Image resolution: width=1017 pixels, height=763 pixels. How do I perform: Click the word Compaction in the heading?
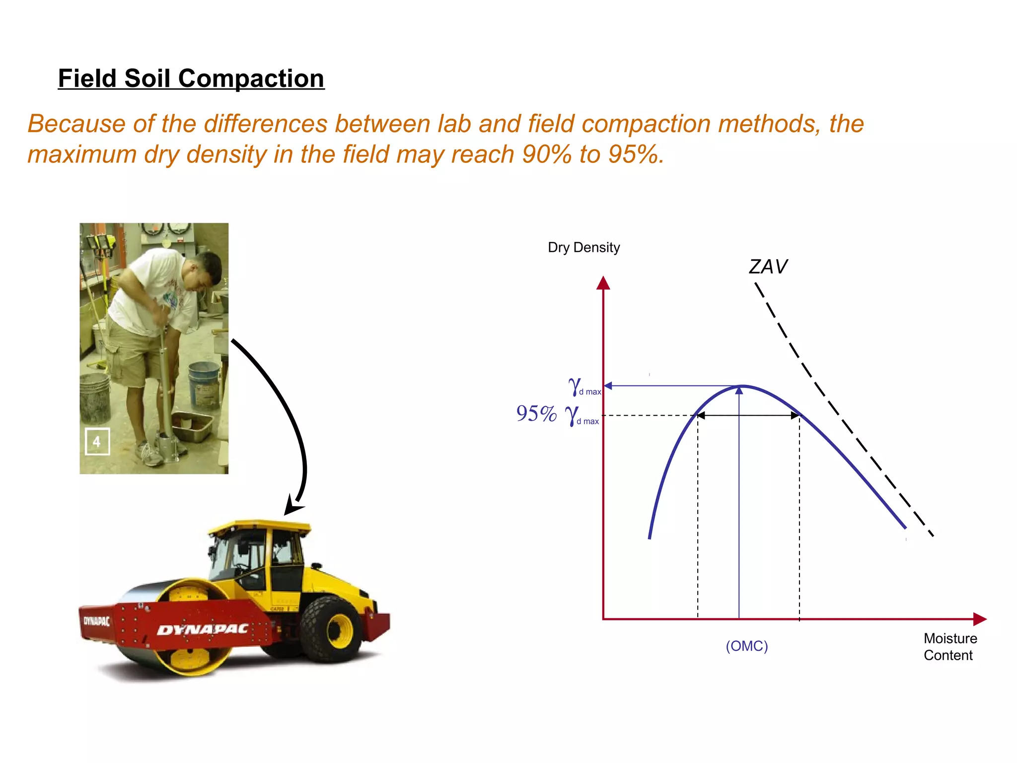(x=251, y=78)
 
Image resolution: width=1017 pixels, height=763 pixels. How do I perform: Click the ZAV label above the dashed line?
(x=768, y=267)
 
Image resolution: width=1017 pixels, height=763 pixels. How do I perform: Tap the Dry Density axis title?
(x=583, y=247)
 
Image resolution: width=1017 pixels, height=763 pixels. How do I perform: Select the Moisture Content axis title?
(x=949, y=646)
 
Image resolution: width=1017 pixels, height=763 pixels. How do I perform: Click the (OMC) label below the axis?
(x=746, y=646)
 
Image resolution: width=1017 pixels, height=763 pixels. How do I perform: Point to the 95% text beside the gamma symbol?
(x=536, y=413)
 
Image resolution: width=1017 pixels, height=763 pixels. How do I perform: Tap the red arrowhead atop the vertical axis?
(x=603, y=283)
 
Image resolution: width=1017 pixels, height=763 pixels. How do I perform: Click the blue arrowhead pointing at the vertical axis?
(x=608, y=386)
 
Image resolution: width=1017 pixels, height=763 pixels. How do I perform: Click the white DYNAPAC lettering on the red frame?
(x=203, y=630)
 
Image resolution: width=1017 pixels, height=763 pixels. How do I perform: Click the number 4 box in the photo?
(x=97, y=441)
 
